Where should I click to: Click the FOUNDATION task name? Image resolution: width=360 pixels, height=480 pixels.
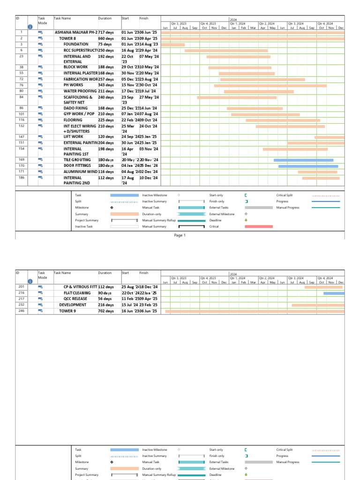[x=76, y=44]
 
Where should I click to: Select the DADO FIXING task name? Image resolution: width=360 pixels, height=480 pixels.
[x=75, y=108]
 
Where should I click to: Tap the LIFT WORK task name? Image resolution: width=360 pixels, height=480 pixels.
[x=73, y=137]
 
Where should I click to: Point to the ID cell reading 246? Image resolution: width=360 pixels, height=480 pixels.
[x=21, y=311]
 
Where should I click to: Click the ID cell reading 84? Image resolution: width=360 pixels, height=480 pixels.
[x=21, y=97]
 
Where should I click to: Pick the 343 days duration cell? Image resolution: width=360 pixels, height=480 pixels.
[x=105, y=85]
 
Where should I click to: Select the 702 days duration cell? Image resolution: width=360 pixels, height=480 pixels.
[x=105, y=311]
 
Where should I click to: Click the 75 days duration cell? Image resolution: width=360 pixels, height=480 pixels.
[x=105, y=44]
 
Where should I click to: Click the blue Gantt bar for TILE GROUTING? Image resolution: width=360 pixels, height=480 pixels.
[x=303, y=160]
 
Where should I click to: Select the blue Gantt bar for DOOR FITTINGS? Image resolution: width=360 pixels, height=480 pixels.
[x=308, y=166]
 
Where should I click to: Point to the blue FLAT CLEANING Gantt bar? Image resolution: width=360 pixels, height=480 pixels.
[x=334, y=293]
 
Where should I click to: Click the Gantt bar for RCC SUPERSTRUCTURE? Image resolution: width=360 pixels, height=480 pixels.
[x=226, y=50]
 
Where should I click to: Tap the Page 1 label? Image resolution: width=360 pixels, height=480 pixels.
[x=180, y=235]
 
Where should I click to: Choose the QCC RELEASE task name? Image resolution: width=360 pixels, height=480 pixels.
[x=75, y=299]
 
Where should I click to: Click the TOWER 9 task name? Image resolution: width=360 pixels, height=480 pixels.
[x=67, y=311]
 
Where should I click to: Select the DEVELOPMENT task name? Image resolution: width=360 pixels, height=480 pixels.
[x=73, y=305]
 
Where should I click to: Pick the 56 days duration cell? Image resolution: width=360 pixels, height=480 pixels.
[x=105, y=299]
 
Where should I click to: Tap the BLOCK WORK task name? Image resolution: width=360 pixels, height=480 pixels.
[x=76, y=67]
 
